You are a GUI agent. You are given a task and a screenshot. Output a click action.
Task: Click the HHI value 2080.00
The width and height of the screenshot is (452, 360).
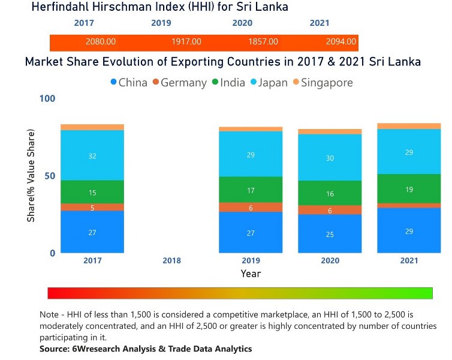(x=101, y=42)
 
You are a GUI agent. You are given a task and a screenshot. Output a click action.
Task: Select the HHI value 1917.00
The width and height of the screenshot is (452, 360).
(x=186, y=42)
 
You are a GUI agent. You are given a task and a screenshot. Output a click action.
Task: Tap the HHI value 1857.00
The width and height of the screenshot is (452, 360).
(x=263, y=42)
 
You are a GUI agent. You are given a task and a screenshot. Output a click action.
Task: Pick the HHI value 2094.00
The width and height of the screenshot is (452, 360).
(x=341, y=42)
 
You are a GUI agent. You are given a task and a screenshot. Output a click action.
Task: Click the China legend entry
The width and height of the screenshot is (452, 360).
(x=128, y=83)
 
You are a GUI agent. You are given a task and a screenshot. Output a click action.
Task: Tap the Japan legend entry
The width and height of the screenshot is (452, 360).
(x=268, y=83)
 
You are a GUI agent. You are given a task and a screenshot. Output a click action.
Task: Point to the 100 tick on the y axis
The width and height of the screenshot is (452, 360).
(x=47, y=98)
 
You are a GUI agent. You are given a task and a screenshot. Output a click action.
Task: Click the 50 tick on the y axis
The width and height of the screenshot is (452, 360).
(x=50, y=176)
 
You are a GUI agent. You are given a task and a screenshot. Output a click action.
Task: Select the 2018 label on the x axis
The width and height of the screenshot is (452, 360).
(x=171, y=261)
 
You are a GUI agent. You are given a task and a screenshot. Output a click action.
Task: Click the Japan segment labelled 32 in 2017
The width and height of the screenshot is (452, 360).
(x=92, y=155)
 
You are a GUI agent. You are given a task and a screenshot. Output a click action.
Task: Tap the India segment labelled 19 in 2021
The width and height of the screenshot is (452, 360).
(x=408, y=189)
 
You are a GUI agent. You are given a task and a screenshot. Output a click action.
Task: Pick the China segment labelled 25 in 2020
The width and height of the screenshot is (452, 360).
(x=330, y=234)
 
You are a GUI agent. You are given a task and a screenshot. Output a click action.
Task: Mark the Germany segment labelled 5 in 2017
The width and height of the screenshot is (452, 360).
(x=92, y=208)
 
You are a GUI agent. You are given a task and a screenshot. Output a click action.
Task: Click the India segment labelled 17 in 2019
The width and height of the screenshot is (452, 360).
(x=251, y=190)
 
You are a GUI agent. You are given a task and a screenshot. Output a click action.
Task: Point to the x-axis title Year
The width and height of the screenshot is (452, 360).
(x=251, y=274)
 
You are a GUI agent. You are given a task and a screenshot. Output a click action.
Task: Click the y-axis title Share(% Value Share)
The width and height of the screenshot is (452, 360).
(x=31, y=176)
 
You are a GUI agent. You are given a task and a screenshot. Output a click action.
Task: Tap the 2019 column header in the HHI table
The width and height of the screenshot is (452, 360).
(x=161, y=23)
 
